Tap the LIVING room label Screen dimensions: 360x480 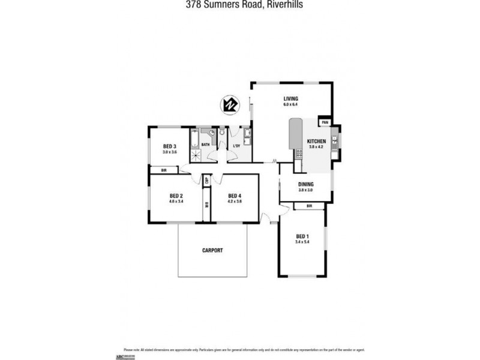coord(291,99)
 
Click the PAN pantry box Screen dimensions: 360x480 coord(325,122)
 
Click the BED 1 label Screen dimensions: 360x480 coord(302,236)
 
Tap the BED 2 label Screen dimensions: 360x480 coord(176,196)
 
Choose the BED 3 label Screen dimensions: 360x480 coord(169,146)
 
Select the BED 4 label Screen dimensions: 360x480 coord(235,196)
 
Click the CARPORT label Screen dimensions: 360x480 coord(212,250)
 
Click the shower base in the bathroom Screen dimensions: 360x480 coord(195,156)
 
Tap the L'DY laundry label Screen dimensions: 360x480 coord(237,145)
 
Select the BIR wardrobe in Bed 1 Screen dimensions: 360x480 coord(309,206)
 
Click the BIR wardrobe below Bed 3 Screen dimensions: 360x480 coord(164,171)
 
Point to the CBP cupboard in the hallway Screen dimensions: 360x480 coord(205,179)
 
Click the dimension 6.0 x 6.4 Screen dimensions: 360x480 coord(291,105)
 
